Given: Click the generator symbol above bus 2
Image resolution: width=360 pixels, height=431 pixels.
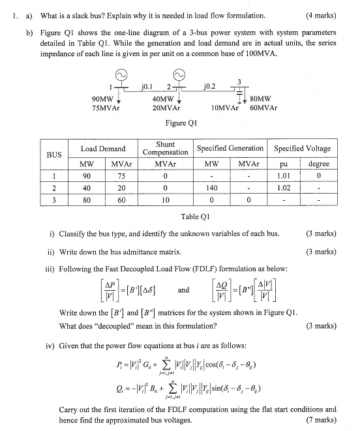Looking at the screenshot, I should [x=179, y=75].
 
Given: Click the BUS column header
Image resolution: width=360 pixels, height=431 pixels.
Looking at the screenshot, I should [x=54, y=155].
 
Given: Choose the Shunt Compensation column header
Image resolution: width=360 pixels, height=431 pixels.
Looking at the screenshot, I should [x=165, y=148].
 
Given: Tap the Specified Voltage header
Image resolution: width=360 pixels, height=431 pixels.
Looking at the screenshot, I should [x=302, y=149].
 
